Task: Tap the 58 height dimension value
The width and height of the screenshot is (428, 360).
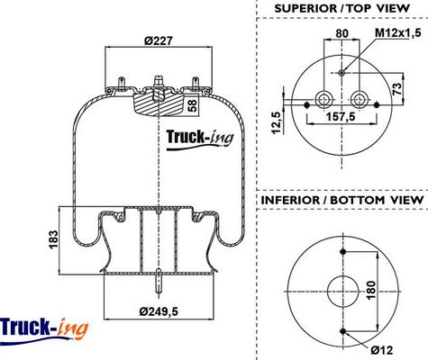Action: click(193, 104)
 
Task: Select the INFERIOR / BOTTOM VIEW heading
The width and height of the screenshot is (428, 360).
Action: click(341, 199)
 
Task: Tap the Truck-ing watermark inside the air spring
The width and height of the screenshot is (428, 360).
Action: click(200, 137)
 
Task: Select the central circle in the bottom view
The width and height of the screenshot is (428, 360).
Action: click(342, 292)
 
